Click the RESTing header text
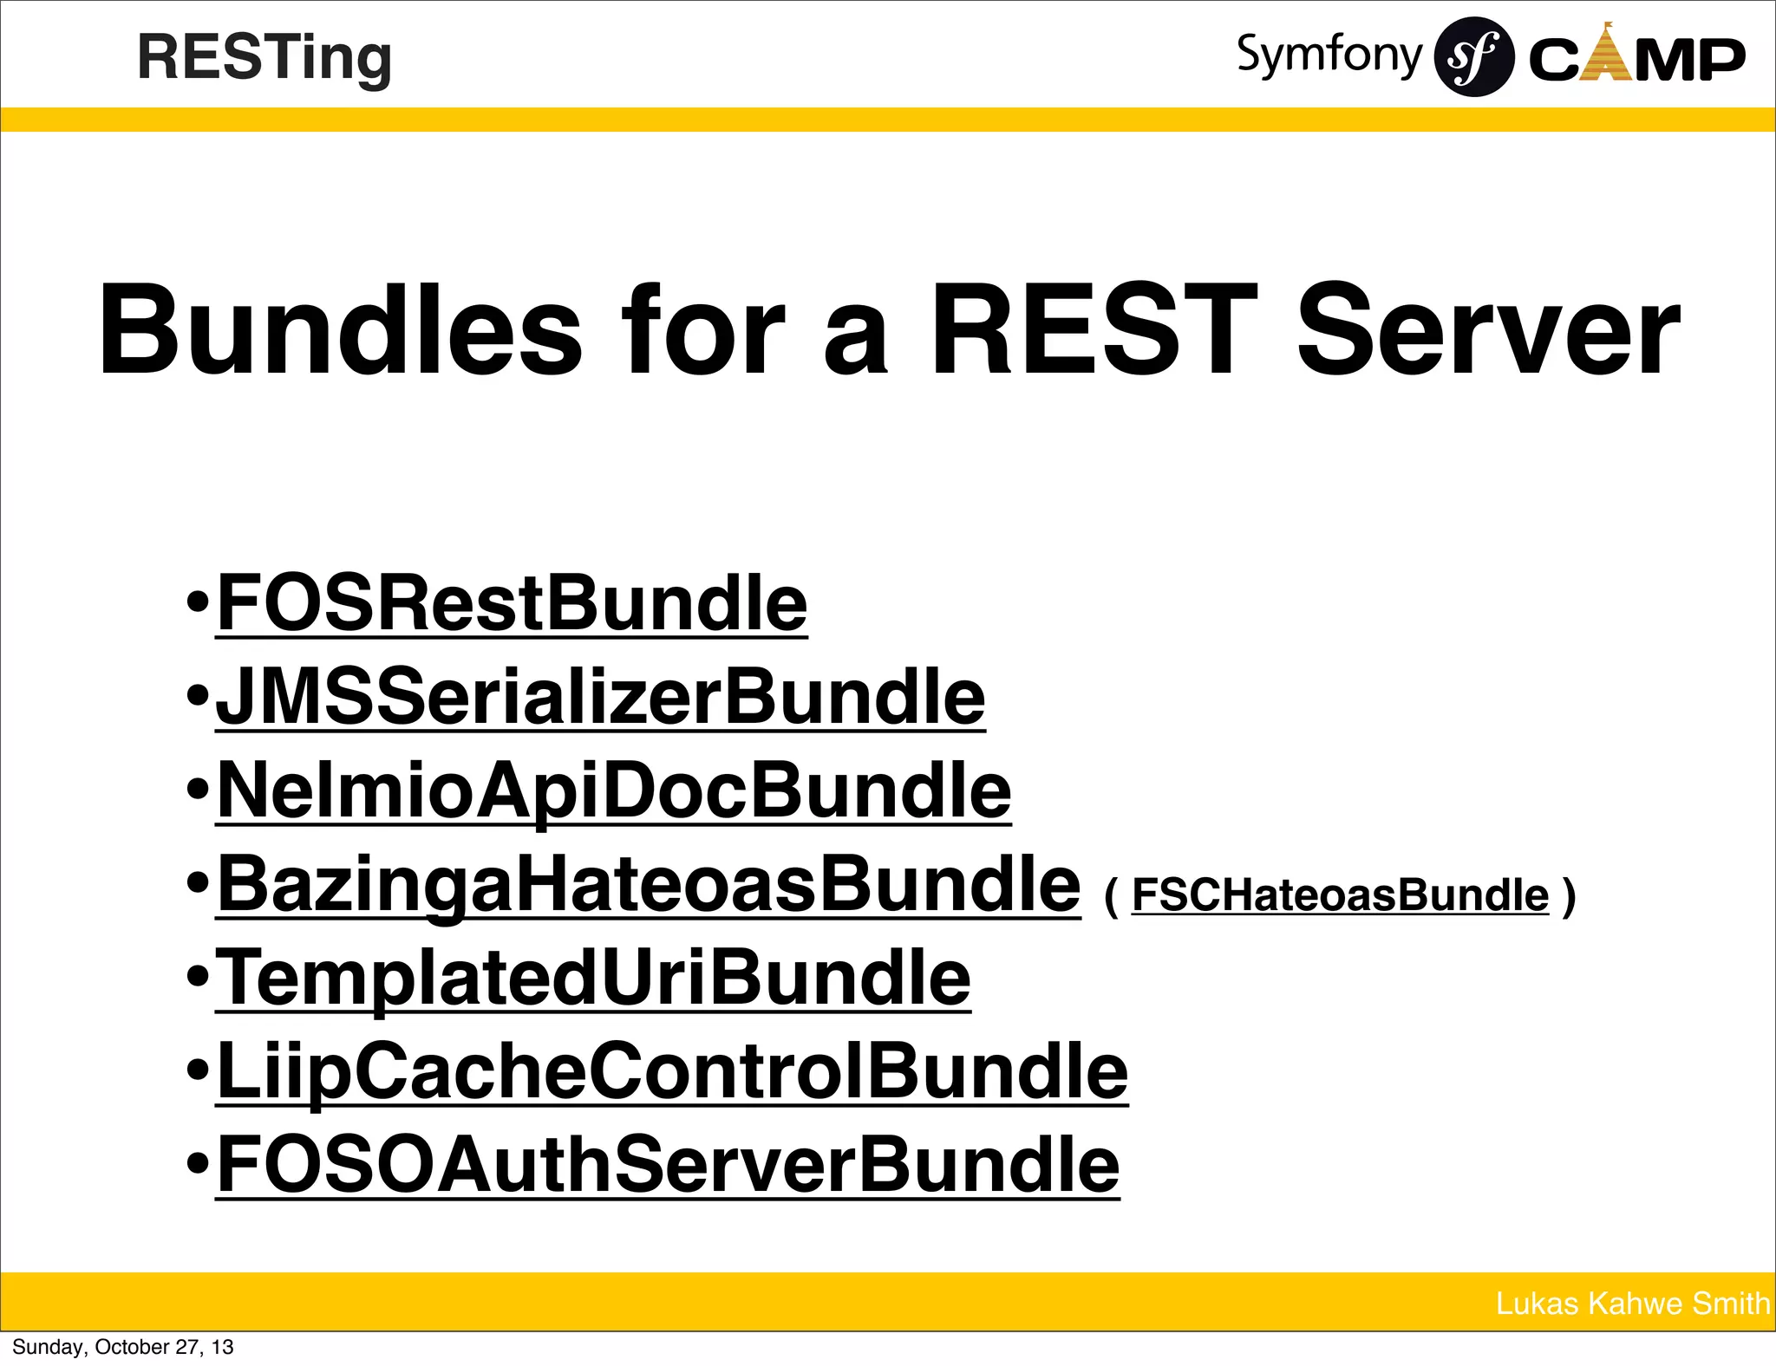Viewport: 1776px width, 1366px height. point(264,58)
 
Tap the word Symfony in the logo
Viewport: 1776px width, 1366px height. point(1329,55)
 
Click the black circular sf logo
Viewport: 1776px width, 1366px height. point(1474,57)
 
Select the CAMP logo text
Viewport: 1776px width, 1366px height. point(1636,58)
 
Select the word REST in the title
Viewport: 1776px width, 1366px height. point(1092,331)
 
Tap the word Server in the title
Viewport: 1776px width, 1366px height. point(1487,331)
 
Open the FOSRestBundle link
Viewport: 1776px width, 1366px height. point(512,603)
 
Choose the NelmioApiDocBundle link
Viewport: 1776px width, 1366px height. point(614,790)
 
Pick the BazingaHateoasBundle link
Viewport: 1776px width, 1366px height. point(649,884)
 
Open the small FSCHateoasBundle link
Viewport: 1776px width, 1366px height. point(1340,895)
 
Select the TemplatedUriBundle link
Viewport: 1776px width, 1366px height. point(593,978)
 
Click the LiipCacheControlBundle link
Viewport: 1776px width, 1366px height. point(672,1071)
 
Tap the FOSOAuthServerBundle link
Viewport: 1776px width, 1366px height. point(668,1165)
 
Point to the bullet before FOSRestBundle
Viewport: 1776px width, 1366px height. point(199,602)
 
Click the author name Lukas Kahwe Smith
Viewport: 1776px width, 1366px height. point(1632,1304)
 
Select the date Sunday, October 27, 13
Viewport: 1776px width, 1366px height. point(123,1347)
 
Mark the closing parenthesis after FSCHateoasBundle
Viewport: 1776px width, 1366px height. point(1567,896)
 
